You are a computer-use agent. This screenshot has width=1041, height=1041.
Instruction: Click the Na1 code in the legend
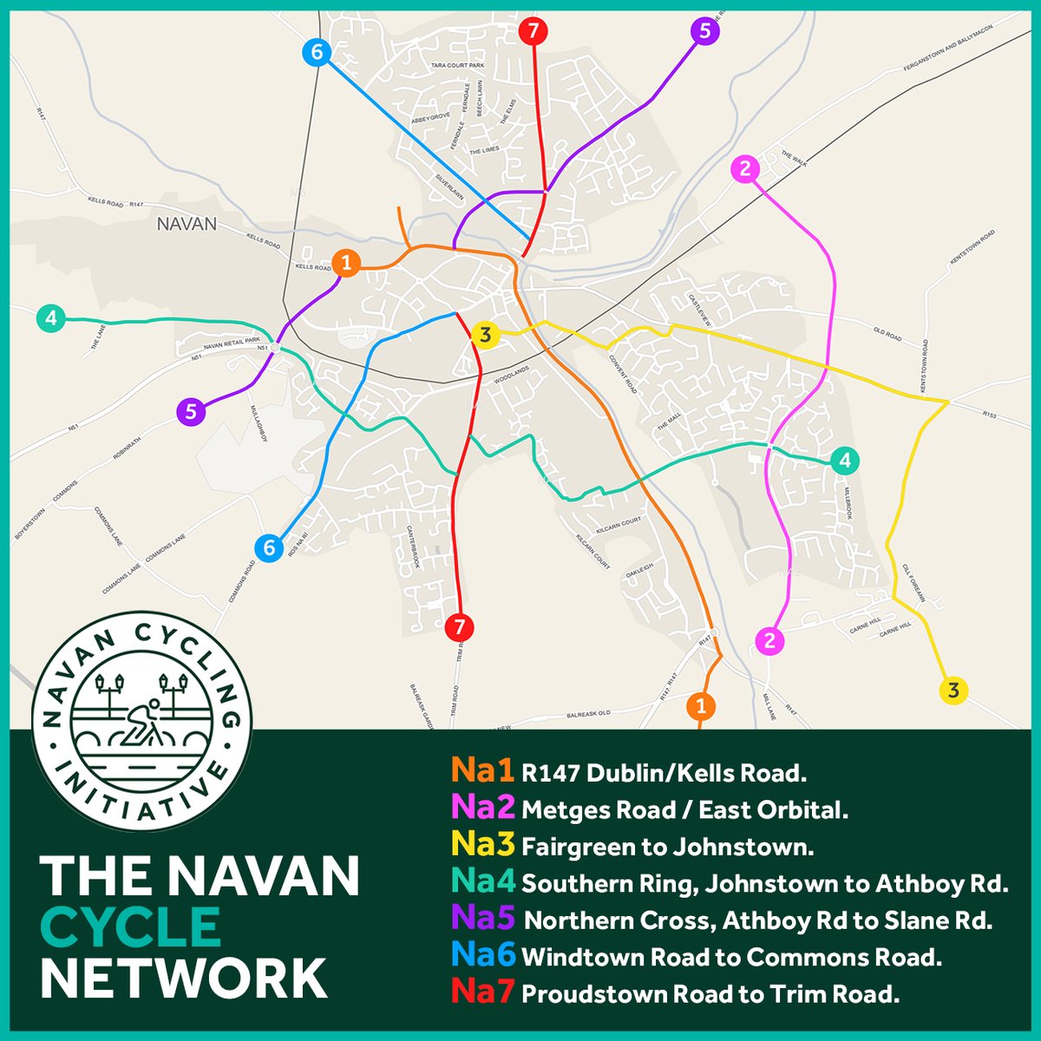click(483, 771)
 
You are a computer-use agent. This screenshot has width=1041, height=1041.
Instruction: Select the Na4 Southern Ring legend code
click(483, 883)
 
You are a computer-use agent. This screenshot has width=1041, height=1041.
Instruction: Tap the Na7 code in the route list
click(483, 994)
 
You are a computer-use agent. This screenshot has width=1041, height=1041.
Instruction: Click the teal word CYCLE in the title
click(130, 926)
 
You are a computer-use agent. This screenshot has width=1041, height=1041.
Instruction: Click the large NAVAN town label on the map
click(187, 224)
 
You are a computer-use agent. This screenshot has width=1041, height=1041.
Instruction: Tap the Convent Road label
click(624, 374)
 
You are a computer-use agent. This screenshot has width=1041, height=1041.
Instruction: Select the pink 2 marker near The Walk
click(745, 169)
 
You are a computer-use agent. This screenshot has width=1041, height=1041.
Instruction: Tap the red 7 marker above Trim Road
click(459, 625)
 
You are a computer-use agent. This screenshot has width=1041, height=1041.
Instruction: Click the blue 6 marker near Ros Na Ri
click(269, 548)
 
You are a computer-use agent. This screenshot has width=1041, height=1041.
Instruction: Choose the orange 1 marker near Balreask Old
click(701, 705)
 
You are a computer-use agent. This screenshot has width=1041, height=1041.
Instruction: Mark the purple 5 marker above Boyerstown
click(191, 412)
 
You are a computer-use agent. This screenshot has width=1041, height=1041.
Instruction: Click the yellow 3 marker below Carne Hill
click(953, 691)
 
